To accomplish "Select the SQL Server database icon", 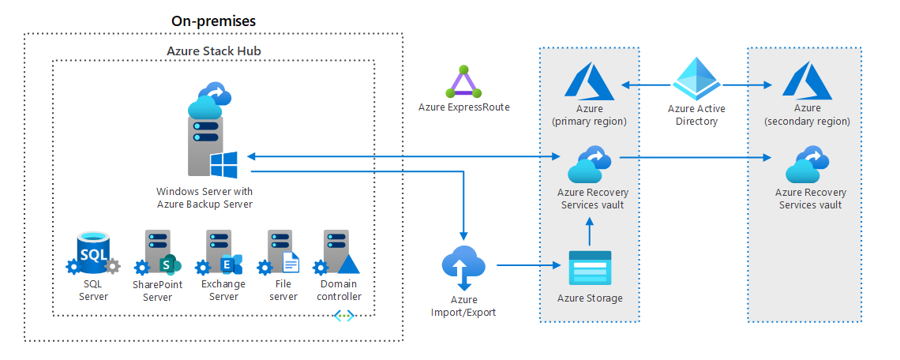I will click(x=94, y=253).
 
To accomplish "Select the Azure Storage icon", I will click(x=590, y=268).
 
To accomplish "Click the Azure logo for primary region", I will click(x=590, y=83).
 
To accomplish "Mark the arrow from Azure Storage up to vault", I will click(x=590, y=231).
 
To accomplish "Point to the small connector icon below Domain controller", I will click(x=344, y=316).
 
